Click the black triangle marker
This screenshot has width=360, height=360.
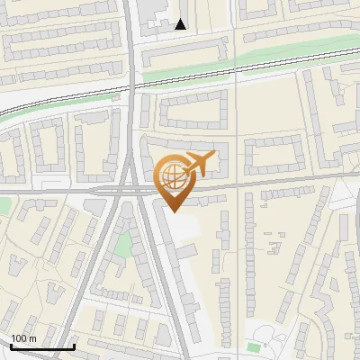[181, 24]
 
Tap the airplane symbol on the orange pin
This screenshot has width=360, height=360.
[198, 164]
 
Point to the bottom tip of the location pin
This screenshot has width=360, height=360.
[173, 211]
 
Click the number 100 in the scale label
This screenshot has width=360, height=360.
[19, 338]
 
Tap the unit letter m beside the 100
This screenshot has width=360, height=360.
[33, 338]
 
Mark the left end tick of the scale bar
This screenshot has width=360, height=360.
[11, 346]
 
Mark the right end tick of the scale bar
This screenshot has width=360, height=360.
[74, 346]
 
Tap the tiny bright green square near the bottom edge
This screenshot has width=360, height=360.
[255, 346]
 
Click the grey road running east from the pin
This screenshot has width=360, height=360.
[270, 184]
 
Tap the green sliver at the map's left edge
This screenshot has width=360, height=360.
[3, 206]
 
